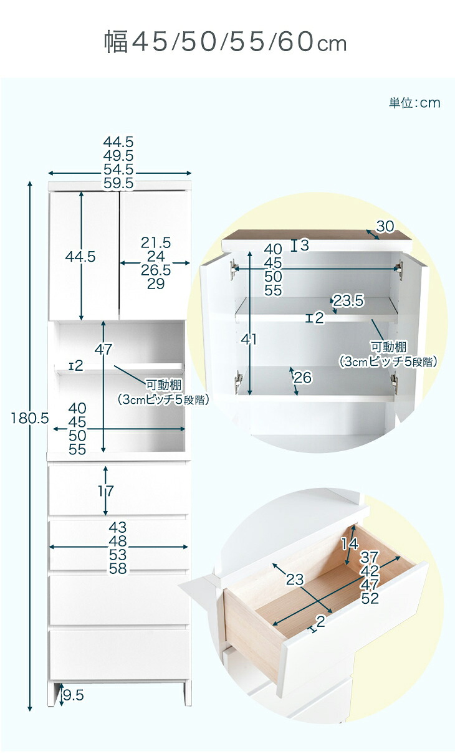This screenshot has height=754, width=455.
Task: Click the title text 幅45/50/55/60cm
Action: point(225,42)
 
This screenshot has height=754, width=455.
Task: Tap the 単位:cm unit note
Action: point(414,103)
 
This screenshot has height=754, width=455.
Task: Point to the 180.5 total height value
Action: point(30,418)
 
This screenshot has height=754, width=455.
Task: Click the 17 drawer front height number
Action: point(106,491)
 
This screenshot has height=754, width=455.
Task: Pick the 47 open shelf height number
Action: point(103,350)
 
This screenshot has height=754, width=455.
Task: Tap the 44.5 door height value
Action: point(80,257)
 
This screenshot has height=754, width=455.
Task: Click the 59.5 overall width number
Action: point(118,183)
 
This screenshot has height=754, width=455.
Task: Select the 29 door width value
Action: point(156,284)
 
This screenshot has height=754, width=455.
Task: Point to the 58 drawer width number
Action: point(118,568)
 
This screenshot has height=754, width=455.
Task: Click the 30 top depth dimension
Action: point(385,226)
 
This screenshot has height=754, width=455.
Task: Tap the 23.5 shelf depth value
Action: point(348,300)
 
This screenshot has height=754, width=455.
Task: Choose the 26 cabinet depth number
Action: point(303,378)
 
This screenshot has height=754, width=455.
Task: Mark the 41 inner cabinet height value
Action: point(249,339)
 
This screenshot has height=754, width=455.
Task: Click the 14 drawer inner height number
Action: point(350,543)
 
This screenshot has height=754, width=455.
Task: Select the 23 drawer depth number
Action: point(295,580)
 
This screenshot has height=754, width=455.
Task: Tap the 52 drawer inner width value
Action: point(370,598)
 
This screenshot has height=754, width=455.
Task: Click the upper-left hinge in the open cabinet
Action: point(232,269)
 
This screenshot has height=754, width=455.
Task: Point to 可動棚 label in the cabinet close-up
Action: point(389,346)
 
